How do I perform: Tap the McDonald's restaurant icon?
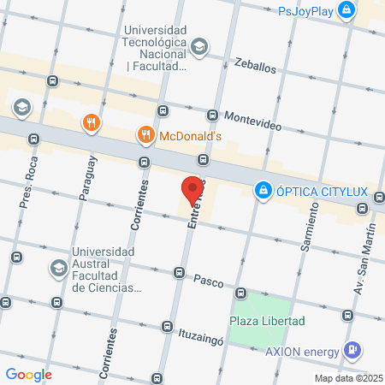146,134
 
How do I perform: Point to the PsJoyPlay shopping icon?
346,11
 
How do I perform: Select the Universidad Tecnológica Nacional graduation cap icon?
199,47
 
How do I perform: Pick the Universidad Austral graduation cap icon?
58,269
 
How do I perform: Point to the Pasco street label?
208,280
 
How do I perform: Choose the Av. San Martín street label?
364,257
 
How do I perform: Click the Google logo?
28,374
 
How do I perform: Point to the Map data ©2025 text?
346,377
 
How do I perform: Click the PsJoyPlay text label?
305,11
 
